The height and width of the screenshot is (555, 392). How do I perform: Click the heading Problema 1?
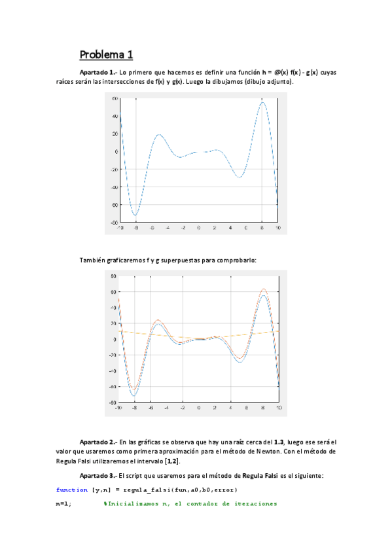pyautogui.click(x=106, y=54)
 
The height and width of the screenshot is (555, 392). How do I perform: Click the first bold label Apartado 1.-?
pyautogui.click(x=98, y=72)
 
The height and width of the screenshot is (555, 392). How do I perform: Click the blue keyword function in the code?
pyautogui.click(x=72, y=490)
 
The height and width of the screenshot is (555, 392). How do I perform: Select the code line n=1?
pyautogui.click(x=64, y=504)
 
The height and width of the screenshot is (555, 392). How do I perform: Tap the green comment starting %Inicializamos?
pyautogui.click(x=190, y=504)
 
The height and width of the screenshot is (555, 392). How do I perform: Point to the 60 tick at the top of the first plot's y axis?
pyautogui.click(x=114, y=98)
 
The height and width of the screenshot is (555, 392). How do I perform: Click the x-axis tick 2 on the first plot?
pyautogui.click(x=215, y=228)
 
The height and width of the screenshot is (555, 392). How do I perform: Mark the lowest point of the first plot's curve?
pyautogui.click(x=135, y=215)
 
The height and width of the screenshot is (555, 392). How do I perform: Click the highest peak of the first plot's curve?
pyautogui.click(x=262, y=101)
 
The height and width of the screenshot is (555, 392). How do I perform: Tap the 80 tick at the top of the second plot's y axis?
pyautogui.click(x=113, y=276)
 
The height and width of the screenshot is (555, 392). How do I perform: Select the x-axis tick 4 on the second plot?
pyautogui.click(x=231, y=407)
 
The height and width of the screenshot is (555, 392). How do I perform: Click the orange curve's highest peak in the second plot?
pyautogui.click(x=263, y=289)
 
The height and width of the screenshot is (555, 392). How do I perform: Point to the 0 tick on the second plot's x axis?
pyautogui.click(x=199, y=407)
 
